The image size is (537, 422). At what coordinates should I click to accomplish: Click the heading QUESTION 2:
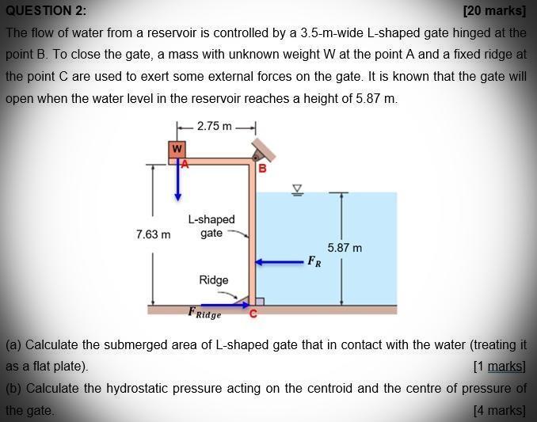click(x=46, y=11)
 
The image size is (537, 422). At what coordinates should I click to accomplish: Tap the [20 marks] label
click(x=494, y=11)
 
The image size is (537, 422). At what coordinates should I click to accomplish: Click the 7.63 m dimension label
click(x=153, y=234)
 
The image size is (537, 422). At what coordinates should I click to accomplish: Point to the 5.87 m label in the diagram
click(x=345, y=248)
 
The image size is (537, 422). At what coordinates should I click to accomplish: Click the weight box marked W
click(x=177, y=149)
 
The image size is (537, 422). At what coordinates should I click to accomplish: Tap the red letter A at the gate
click(x=185, y=164)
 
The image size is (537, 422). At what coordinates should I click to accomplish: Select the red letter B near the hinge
click(x=262, y=169)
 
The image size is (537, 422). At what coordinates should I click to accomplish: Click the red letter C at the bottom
click(x=253, y=314)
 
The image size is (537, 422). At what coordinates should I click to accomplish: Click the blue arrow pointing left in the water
click(x=278, y=260)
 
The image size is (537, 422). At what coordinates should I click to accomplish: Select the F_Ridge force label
click(x=204, y=313)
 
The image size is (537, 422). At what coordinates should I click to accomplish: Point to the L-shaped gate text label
click(x=211, y=226)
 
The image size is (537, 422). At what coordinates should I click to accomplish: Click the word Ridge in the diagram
click(x=214, y=280)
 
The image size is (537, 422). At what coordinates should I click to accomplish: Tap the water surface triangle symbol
click(x=298, y=189)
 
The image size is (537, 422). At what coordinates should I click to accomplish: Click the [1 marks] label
click(x=499, y=366)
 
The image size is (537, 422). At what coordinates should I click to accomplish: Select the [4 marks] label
click(x=499, y=410)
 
